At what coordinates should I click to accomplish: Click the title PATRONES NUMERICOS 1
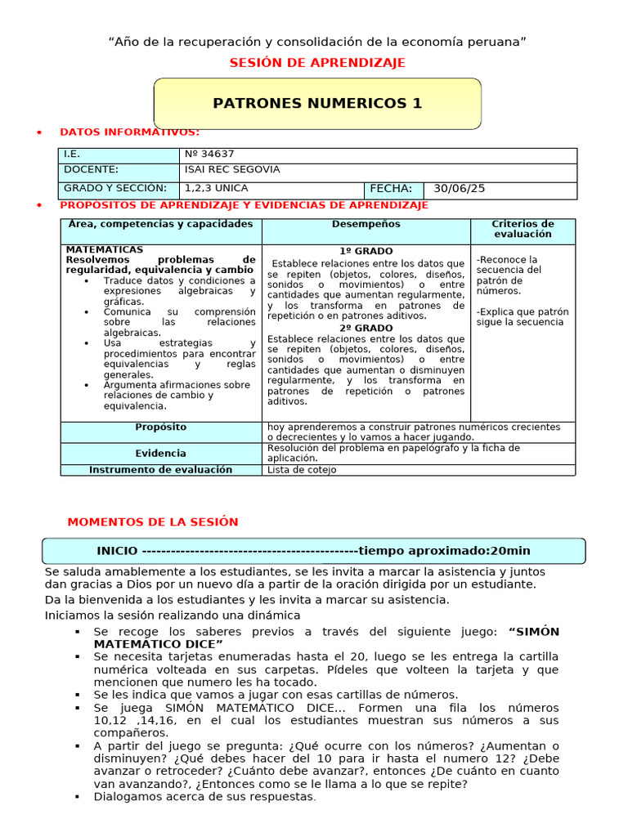coord(317,103)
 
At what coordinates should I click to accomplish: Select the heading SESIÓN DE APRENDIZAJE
coord(317,63)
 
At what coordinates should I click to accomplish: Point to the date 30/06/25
coord(460,188)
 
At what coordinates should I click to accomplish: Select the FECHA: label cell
coord(392,188)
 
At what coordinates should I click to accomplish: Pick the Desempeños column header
coord(366,224)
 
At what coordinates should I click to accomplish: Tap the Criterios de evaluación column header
coord(523,229)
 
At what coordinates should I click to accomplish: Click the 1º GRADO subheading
coord(366,251)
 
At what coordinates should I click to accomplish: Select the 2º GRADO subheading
coord(366,328)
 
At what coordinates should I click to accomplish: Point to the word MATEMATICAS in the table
coord(105,249)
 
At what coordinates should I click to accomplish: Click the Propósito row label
coord(160,427)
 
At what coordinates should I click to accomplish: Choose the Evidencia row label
coord(160,453)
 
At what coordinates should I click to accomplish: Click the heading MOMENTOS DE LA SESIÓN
coord(152,521)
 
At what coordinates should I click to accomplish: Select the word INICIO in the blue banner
coord(117,551)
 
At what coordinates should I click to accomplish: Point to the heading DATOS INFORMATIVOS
coord(129,132)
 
